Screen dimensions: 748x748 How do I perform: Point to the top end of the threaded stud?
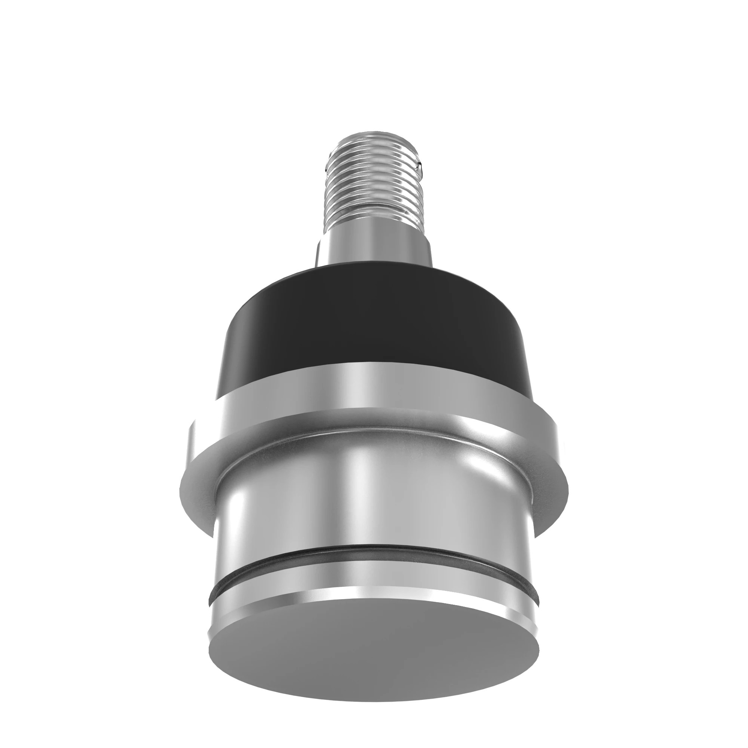[374, 134]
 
